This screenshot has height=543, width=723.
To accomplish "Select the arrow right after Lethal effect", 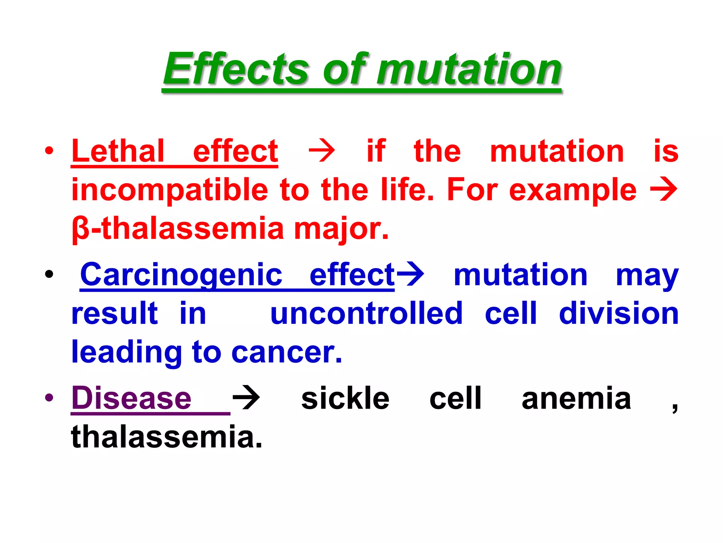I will coord(322,151).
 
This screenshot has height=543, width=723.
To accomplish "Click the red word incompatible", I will coord(170,190).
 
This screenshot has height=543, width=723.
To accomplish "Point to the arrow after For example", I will coord(663,189).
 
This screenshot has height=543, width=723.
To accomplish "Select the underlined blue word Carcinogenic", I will coord(181,275).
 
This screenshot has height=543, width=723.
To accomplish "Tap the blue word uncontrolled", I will coord(366,314).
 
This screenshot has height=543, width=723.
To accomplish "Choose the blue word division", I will coord(619,314).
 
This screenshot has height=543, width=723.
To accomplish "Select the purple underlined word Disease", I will coord(131,398).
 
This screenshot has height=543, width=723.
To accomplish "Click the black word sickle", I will coord(345,398).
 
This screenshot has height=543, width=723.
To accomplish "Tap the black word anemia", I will coord(576,398).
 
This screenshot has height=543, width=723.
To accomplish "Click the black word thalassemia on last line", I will coord(167,437).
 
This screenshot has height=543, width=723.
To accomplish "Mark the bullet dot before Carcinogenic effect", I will coord(49,274).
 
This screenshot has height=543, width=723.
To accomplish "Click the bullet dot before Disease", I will coord(49,398).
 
